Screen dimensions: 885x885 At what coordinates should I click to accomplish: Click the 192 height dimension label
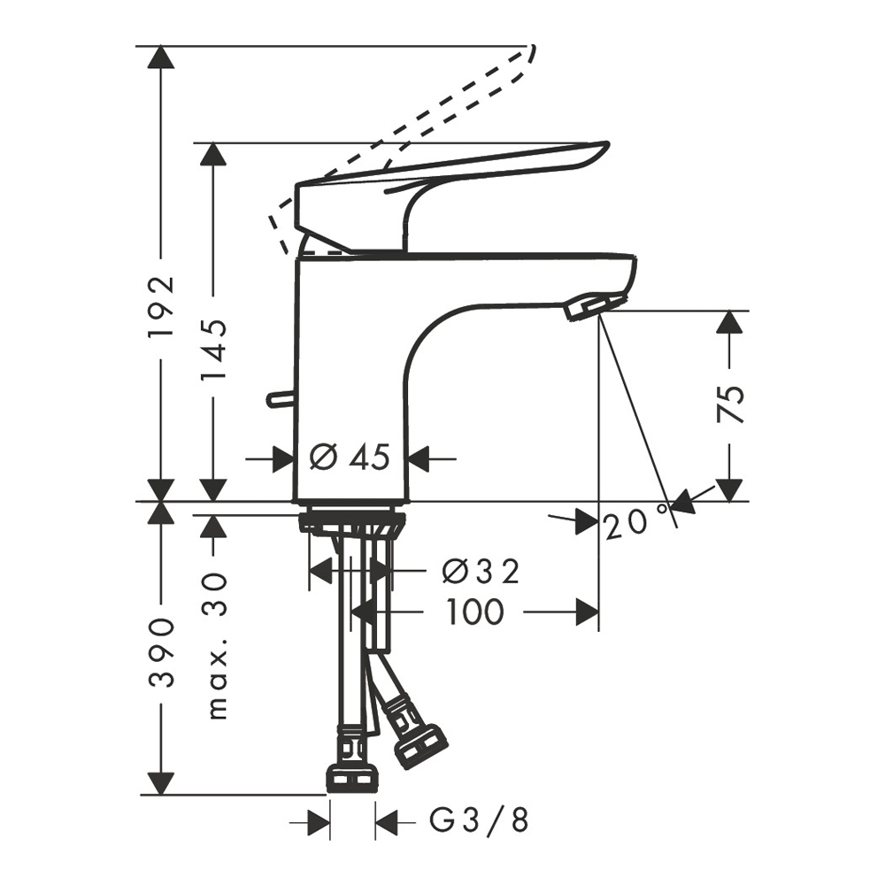coord(161,306)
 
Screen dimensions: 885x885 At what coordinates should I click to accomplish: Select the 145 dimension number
coord(214,349)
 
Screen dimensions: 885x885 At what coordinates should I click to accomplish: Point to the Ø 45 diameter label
coord(350,457)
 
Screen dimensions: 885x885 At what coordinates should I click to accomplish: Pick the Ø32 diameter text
coord(481,573)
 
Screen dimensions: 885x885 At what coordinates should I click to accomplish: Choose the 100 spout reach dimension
coord(474,612)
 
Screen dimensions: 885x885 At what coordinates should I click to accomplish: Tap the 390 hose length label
coord(161,653)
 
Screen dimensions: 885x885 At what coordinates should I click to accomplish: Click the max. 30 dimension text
coord(217,646)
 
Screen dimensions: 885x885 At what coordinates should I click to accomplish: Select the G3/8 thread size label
coord(480,820)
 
